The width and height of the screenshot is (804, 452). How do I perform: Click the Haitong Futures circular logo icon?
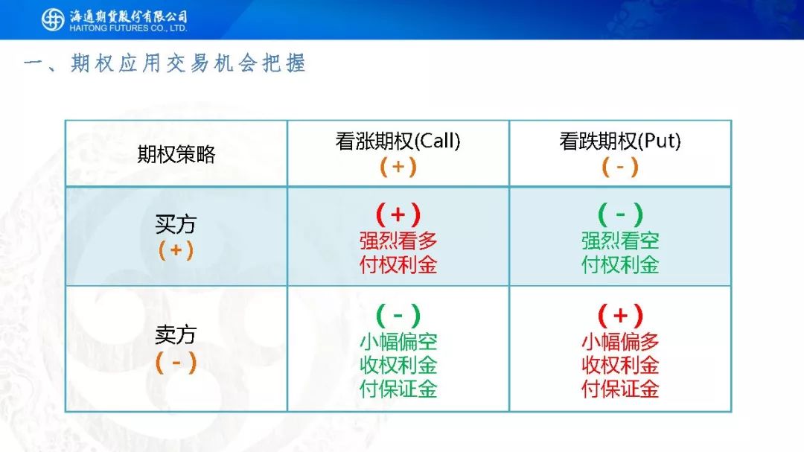53,19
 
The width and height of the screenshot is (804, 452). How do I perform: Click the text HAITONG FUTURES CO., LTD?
128,28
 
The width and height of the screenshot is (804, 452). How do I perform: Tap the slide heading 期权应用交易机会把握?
188,63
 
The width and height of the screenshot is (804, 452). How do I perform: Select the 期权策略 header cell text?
176,154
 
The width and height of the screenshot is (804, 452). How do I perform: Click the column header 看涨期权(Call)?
398,141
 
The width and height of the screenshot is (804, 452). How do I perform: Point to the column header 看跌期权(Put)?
620,141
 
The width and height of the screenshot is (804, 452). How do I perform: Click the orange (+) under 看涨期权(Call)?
398,167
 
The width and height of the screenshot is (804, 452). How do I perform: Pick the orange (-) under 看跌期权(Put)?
620,167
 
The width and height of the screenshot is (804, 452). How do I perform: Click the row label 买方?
176,224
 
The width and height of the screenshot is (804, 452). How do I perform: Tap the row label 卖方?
176,335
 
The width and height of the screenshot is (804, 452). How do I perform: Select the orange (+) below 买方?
176,250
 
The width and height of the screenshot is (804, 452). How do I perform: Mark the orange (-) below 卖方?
176,362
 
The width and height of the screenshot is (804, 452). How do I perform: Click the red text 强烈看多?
398,241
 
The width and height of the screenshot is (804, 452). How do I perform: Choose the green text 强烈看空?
620,241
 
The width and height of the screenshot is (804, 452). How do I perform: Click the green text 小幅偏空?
398,342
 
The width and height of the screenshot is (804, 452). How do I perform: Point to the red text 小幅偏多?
620,342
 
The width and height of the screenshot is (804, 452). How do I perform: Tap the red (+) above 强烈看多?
398,214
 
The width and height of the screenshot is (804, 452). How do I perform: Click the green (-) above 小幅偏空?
398,315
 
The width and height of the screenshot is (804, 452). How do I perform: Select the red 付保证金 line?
620,389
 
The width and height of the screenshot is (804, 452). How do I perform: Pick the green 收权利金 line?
398,366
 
